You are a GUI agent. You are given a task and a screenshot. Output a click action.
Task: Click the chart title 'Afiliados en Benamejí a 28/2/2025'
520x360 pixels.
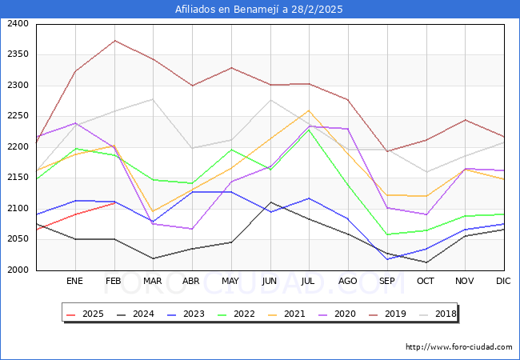(260, 10)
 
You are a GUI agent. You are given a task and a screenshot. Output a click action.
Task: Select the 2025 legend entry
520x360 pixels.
(86, 314)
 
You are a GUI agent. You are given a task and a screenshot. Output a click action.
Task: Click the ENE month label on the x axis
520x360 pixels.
(74, 282)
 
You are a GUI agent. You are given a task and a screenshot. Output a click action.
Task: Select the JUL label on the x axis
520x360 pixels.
(309, 282)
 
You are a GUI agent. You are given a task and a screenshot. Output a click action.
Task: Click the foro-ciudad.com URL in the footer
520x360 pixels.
(458, 347)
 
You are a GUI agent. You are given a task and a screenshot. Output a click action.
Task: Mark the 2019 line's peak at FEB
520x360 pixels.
(114, 41)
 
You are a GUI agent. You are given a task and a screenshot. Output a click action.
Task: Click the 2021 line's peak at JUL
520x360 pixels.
(309, 110)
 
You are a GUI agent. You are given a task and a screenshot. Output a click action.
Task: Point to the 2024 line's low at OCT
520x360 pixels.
(426, 262)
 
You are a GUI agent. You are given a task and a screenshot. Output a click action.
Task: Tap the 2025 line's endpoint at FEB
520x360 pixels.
(114, 202)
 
